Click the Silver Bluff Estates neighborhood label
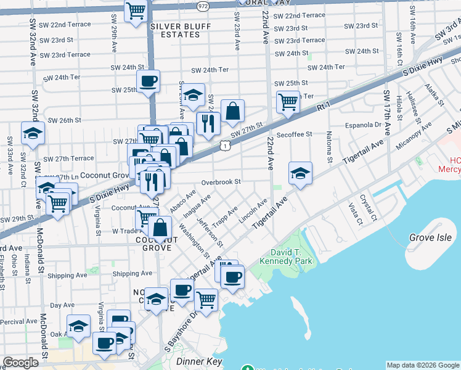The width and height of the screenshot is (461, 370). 174,30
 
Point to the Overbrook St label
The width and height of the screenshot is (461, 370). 220,182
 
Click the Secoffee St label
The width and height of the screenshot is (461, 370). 295,134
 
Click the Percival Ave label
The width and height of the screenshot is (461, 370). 19,321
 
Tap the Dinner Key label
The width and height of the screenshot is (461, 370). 194,361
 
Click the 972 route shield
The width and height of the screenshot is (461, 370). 202,5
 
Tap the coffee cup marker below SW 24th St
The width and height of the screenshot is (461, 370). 148,81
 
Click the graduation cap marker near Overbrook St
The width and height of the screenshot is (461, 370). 300,173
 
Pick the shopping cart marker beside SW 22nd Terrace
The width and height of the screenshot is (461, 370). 136,10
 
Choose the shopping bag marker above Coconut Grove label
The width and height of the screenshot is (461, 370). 160,228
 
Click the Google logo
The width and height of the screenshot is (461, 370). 21,363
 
